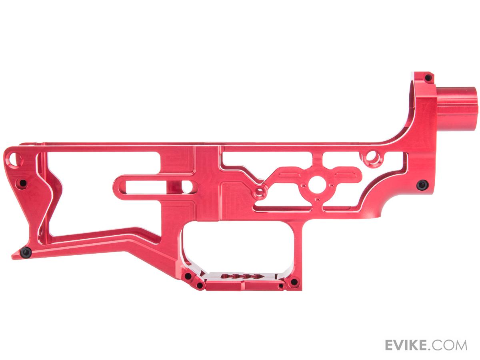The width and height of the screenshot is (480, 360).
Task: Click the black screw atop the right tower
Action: (x=427, y=77)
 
